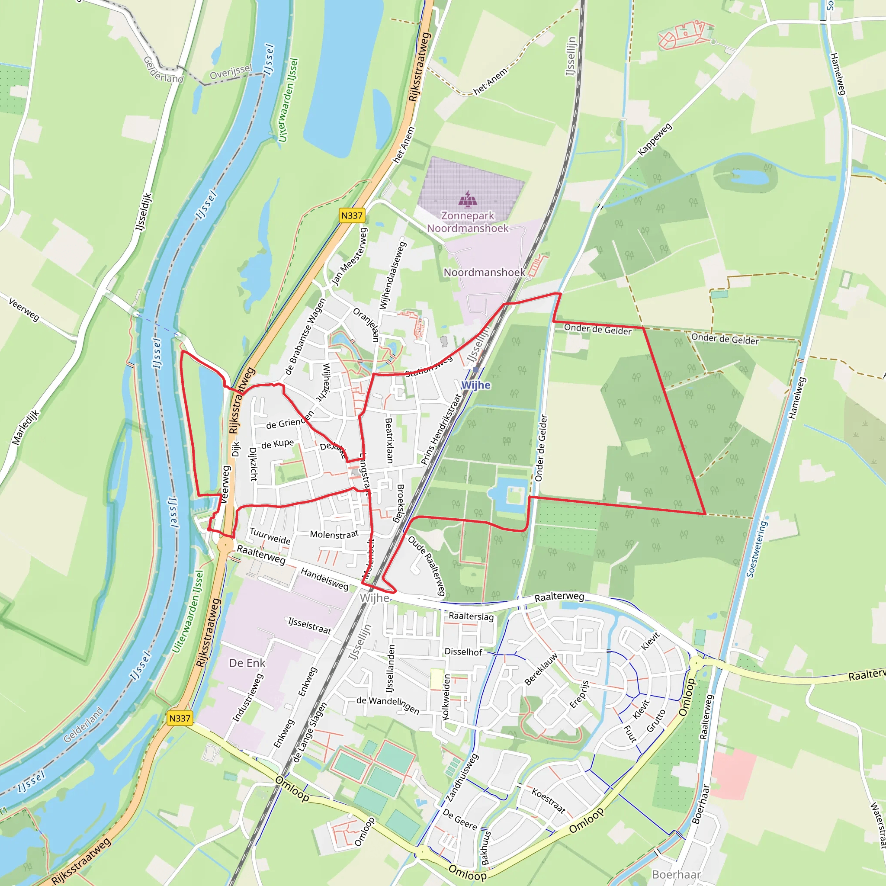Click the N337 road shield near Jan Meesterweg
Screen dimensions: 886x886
pos(352,215)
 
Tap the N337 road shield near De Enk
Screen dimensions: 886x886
pos(179,718)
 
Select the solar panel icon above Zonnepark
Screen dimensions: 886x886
pos(468,199)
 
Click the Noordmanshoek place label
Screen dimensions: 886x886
pos(484,273)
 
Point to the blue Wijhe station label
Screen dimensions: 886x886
pos(475,385)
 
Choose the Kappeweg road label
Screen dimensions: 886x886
pos(655,139)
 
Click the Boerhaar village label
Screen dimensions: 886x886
pos(677,874)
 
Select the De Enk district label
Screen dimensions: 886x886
pos(247,663)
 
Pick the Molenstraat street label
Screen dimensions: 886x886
pos(334,534)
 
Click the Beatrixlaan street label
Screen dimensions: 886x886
pos(389,440)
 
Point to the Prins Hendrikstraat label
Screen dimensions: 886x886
pos(440,429)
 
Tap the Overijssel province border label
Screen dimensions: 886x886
pos(231,72)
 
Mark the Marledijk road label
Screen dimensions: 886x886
pos(26,427)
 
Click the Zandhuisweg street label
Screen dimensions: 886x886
pos(462,778)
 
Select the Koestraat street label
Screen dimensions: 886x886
pos(548,800)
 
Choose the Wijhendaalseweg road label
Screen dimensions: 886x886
pos(393,275)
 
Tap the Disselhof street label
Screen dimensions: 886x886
pos(463,652)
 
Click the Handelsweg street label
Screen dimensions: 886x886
pos(324,578)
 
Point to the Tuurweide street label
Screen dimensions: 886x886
pos(270,536)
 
